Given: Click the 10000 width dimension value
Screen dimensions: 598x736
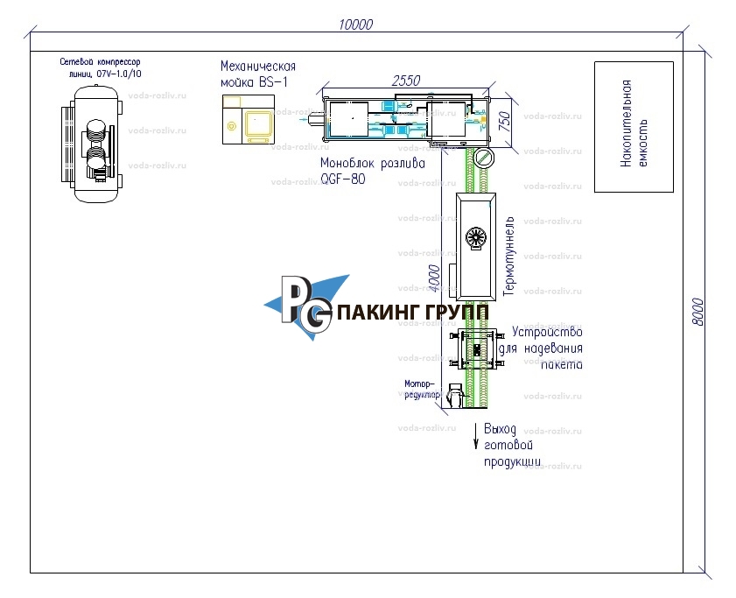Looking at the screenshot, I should coord(355,25).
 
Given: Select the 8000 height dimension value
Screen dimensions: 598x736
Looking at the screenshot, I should coord(698,312).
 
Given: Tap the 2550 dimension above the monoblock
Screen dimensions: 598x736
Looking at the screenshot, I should coord(405,80).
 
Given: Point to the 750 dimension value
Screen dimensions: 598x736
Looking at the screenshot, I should coord(504,122).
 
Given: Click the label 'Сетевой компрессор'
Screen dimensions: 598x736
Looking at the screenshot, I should coord(100,63).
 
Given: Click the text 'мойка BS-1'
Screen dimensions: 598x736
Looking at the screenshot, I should coord(253,82).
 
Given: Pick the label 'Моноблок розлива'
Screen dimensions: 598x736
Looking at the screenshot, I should coord(372,163).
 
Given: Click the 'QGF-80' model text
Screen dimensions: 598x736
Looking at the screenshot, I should coord(342,179).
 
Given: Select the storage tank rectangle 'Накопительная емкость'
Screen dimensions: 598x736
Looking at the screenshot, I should coord(633,126).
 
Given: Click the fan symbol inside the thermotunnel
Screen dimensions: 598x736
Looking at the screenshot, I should coord(475,239).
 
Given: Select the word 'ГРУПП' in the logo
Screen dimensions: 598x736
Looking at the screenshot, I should coord(456,313).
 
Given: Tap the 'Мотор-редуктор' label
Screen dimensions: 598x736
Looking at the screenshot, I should coord(421,390).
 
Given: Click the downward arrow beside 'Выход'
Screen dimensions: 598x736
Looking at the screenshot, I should coord(476,436).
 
